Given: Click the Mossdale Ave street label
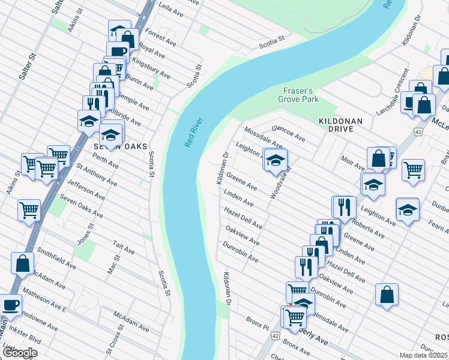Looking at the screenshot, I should [262, 137].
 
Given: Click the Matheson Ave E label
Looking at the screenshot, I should [44, 300].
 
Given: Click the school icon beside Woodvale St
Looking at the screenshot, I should [276, 160].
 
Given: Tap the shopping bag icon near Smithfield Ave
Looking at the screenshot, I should [23, 263].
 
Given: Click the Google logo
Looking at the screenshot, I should [20, 353].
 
